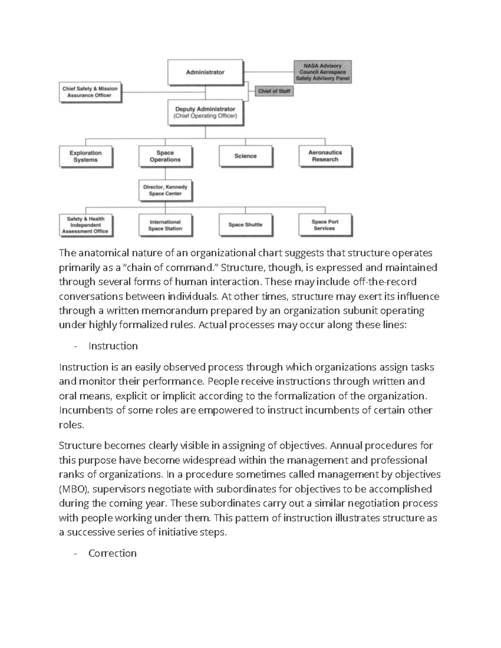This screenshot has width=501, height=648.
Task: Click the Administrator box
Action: click(205, 72)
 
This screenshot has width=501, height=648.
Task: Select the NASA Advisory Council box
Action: click(322, 72)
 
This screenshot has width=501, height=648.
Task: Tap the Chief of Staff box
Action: click(274, 91)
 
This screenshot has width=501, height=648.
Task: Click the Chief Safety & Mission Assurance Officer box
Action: click(90, 92)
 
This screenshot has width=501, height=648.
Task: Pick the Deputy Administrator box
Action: click(205, 112)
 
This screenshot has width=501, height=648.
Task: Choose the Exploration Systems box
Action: click(86, 156)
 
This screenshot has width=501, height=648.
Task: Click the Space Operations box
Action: click(165, 156)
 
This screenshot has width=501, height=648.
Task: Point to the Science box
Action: click(245, 156)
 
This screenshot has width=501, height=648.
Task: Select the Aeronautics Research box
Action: click(325, 156)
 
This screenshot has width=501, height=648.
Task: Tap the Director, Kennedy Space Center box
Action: click(165, 190)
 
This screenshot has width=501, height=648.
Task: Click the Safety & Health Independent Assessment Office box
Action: click(86, 225)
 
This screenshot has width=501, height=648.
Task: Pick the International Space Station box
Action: click(165, 225)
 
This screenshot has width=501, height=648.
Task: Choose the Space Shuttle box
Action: click(245, 225)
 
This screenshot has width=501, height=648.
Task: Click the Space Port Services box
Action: click(325, 225)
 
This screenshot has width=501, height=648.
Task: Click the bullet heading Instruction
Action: click(113, 346)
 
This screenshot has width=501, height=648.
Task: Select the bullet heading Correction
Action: click(112, 553)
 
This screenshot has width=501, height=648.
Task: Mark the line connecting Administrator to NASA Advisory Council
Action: click(268, 72)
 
